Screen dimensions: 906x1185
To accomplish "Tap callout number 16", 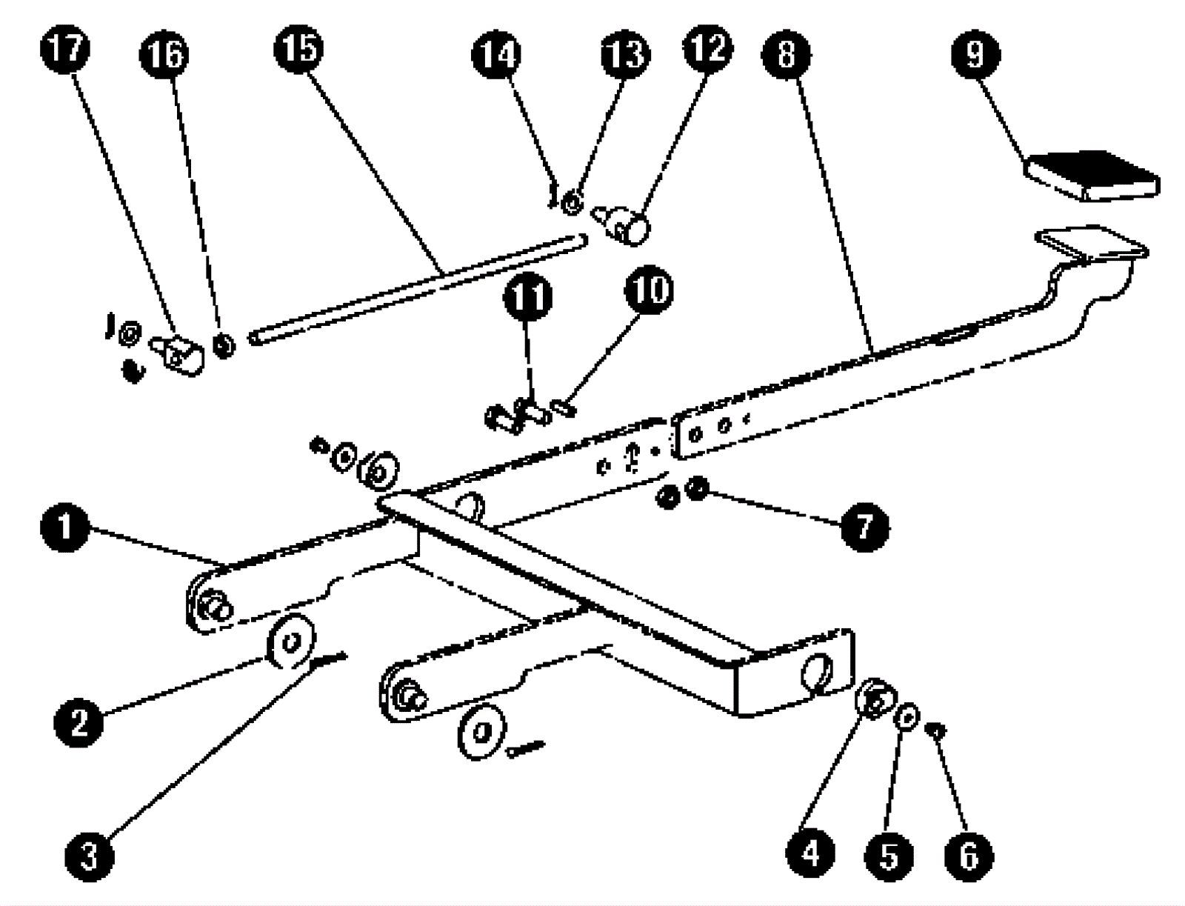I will (x=164, y=54).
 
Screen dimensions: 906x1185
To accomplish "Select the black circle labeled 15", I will (x=300, y=49).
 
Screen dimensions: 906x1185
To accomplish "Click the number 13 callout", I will (x=624, y=53).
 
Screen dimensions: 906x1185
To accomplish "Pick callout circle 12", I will (x=707, y=49).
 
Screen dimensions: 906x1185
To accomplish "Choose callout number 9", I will (x=975, y=53).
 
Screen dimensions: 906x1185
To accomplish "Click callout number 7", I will (x=864, y=527).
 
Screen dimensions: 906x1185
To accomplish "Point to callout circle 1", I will (x=65, y=527).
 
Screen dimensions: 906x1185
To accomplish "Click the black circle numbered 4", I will (x=811, y=854).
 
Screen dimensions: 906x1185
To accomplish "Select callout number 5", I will (x=889, y=857).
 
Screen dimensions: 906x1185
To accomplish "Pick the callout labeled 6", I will (x=969, y=857).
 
